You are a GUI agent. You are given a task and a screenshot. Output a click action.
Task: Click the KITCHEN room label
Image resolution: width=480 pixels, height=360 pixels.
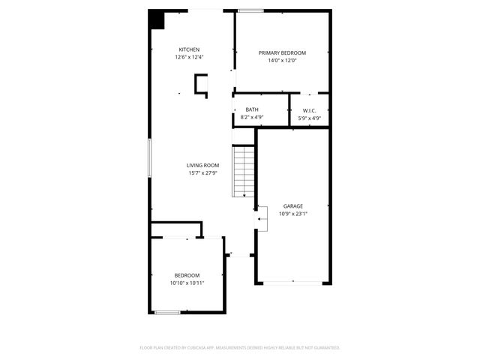(189, 49)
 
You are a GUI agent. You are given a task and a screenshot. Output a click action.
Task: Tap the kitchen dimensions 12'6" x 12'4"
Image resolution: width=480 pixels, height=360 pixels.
(189, 57)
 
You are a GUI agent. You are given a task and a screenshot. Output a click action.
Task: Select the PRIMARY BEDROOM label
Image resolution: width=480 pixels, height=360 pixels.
(283, 52)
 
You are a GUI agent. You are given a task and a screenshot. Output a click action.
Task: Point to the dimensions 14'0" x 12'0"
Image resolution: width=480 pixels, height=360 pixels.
(283, 60)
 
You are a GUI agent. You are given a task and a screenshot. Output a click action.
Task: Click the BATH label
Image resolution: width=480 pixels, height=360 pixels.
(251, 109)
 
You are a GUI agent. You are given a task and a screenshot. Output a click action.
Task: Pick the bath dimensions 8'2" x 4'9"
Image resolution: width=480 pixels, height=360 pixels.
(251, 117)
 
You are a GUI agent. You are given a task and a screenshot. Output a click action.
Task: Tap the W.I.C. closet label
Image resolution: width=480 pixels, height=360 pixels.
(309, 110)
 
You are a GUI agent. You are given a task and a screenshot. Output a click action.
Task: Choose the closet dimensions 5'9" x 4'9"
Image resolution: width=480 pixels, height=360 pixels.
(309, 118)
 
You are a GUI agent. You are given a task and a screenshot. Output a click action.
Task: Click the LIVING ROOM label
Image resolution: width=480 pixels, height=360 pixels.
(202, 165)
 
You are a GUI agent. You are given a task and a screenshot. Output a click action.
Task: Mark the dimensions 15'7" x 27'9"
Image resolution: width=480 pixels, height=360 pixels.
(202, 173)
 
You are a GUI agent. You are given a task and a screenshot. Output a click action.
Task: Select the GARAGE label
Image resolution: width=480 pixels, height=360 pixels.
(292, 205)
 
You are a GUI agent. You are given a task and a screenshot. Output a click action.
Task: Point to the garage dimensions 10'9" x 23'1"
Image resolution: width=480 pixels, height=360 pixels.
(292, 214)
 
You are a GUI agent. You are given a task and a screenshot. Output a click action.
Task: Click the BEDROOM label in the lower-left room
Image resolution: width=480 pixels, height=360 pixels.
(187, 275)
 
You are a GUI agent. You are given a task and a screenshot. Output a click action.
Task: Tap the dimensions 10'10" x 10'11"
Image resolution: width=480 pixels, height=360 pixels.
(187, 283)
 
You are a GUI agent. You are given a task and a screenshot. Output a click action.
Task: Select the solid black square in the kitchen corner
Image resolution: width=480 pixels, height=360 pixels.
(157, 19)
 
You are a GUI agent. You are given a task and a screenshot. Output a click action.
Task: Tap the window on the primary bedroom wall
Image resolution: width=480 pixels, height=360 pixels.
(250, 10)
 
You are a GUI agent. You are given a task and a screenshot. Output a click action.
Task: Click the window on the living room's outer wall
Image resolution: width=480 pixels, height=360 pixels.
(150, 157)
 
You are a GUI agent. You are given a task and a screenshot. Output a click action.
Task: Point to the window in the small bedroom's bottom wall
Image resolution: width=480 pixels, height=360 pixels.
(167, 312)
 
